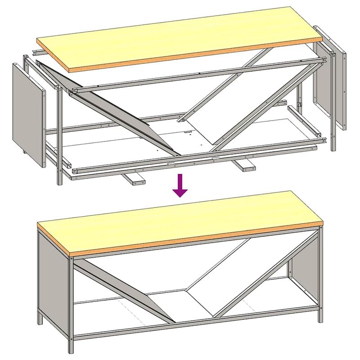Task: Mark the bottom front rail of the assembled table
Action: (x=193, y=322)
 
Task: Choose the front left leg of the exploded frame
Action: (x=59, y=135)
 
